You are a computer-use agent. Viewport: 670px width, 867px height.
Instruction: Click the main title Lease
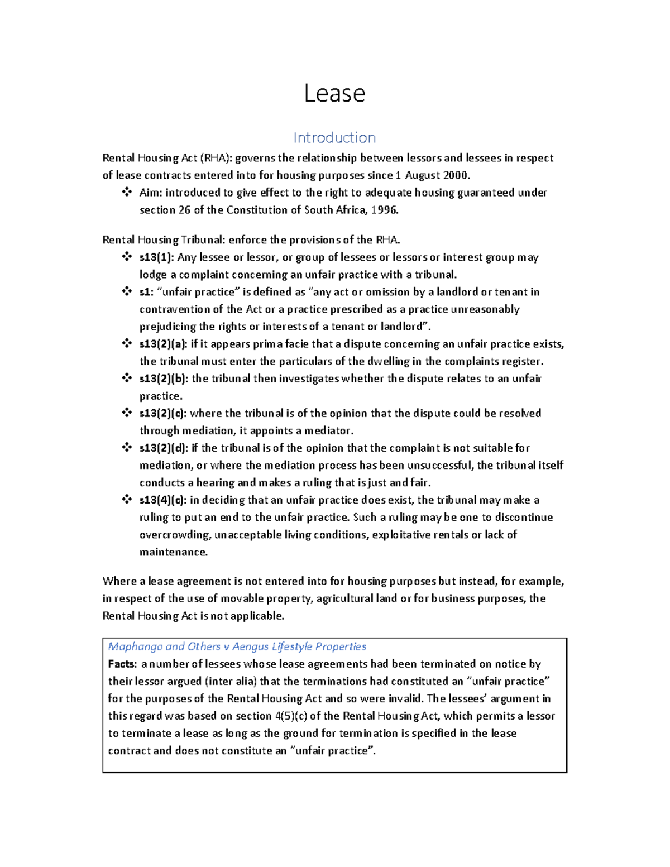(x=334, y=93)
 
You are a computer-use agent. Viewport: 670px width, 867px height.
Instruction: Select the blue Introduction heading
(x=334, y=137)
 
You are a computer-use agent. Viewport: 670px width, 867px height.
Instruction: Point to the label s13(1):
(x=157, y=257)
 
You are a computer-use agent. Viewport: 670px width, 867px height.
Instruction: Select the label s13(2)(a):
(x=164, y=344)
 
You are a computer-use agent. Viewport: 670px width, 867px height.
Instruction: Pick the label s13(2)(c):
(x=163, y=413)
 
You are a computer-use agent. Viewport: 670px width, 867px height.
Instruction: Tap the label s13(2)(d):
(x=164, y=448)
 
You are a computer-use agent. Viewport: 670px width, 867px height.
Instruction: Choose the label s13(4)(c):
(x=163, y=500)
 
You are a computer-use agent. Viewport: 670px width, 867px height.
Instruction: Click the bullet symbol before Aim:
(x=127, y=192)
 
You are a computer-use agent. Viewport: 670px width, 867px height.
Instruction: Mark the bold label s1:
(x=146, y=292)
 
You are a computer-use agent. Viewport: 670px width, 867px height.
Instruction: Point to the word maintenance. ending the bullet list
(x=173, y=552)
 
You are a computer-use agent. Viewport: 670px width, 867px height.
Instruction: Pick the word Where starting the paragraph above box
(x=119, y=581)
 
